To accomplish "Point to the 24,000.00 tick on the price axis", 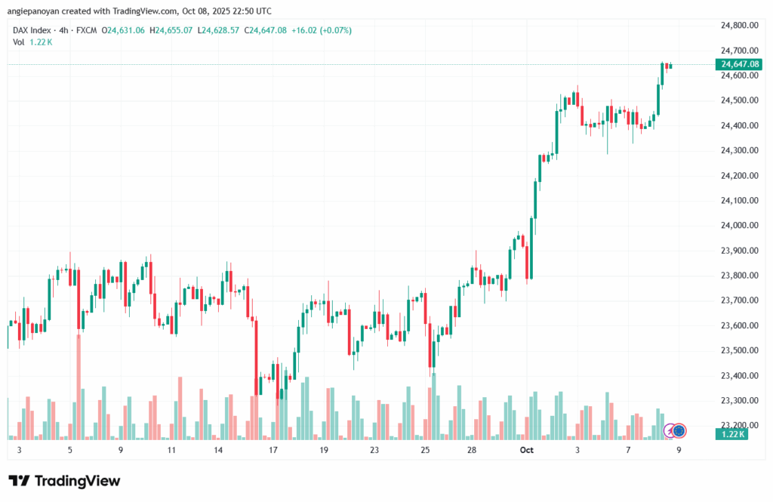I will click(x=739, y=225).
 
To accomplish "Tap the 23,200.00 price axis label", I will click(x=739, y=425).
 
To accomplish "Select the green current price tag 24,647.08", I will click(x=740, y=64).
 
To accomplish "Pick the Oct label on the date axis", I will click(x=527, y=450).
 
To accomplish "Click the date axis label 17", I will click(x=273, y=450).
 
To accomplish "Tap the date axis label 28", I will click(x=472, y=450).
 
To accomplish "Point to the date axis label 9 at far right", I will click(x=679, y=450).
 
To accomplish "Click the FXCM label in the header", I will click(x=88, y=30).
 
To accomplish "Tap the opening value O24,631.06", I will click(x=127, y=30).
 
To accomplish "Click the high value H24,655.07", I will click(x=171, y=30).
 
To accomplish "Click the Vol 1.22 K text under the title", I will click(x=32, y=42).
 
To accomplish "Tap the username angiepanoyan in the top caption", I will click(x=36, y=11).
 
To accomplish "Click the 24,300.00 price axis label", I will click(x=739, y=150).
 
